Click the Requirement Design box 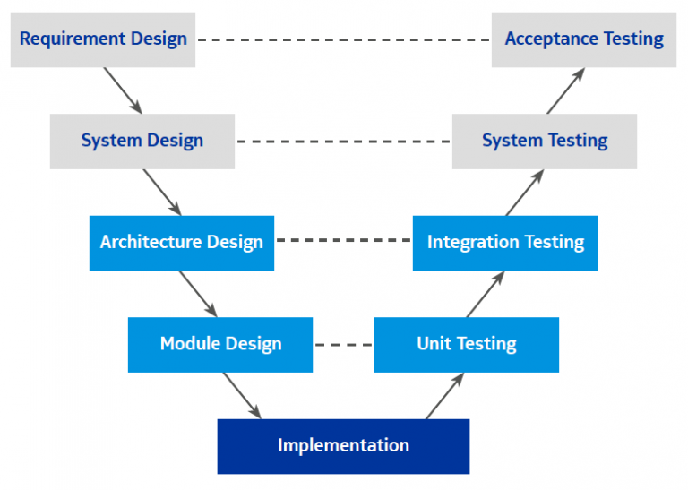click(103, 39)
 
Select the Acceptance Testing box click(584, 39)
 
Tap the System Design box click(142, 141)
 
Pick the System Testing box click(545, 141)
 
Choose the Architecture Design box click(182, 243)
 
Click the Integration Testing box click(505, 243)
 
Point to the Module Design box click(220, 344)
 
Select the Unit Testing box click(467, 344)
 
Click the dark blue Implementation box click(343, 446)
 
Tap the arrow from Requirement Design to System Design click(123, 90)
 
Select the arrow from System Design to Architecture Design click(162, 192)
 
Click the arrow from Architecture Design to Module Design click(198, 293)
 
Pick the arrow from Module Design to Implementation click(241, 395)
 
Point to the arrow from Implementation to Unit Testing click(444, 396)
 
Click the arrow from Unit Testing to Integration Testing click(485, 294)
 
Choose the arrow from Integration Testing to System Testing click(524, 193)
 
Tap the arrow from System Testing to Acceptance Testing click(565, 90)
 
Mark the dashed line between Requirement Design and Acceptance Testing click(343, 40)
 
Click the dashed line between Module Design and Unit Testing click(343, 345)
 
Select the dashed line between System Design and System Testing click(343, 142)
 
